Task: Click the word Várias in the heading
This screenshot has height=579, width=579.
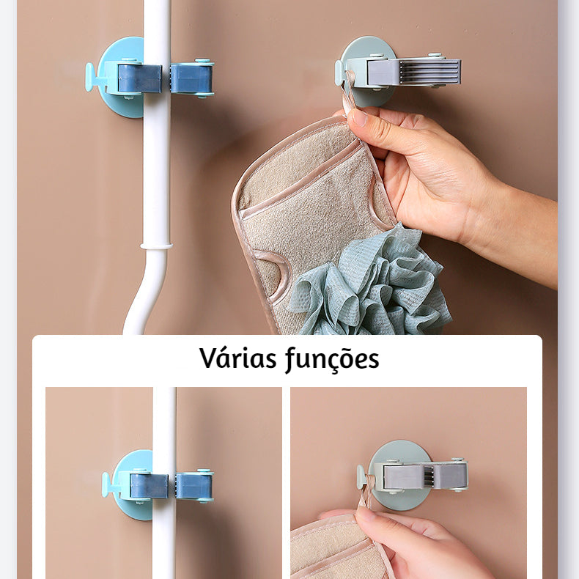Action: tap(237, 358)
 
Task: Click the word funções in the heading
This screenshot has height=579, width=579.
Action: tap(332, 359)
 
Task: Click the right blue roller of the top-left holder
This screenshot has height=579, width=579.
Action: tap(192, 78)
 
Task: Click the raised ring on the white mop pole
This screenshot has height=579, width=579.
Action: tap(155, 246)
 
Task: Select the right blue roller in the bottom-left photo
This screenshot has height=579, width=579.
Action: tap(194, 485)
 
